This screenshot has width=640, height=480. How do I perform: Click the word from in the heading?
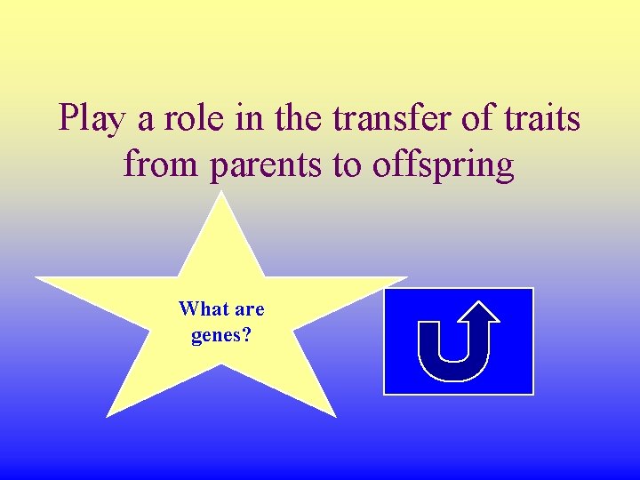[x=156, y=165]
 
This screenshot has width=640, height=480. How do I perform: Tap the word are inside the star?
[x=249, y=309]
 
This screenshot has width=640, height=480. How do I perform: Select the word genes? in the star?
[x=221, y=336]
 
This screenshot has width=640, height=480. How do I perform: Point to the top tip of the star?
[x=221, y=193]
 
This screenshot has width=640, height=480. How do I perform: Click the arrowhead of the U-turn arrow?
[x=480, y=312]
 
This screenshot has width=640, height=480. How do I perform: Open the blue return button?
[x=458, y=340]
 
